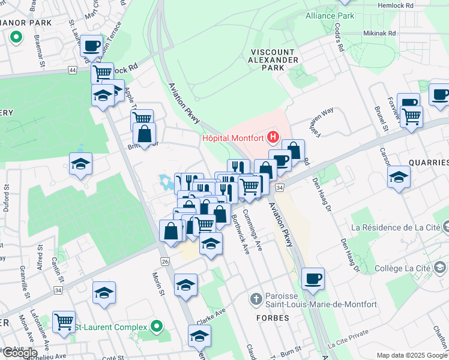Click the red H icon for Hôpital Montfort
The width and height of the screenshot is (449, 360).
point(274,138)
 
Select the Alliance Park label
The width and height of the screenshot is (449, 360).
point(330,16)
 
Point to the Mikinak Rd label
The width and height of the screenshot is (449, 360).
point(379,34)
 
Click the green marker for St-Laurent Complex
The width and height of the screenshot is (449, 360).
point(157,327)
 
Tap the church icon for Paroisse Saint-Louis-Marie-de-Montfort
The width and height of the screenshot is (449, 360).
point(256,298)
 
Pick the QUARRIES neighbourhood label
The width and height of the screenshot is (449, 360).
point(428,163)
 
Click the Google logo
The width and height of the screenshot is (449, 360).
point(20,352)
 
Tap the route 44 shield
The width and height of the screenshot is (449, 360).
point(73,70)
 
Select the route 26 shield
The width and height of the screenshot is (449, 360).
point(164,261)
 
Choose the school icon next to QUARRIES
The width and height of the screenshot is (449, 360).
point(398,177)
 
